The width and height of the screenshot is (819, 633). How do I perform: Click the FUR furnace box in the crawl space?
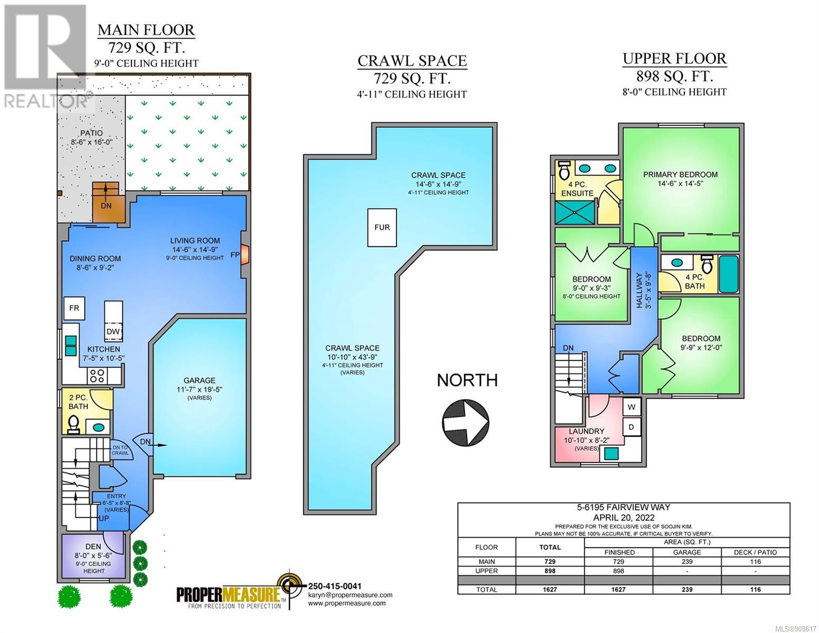point(382,227)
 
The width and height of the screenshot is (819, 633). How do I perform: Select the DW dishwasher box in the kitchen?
point(113,332)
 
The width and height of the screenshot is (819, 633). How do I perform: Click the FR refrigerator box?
point(74,308)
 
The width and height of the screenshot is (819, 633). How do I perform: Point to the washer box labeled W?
point(631,407)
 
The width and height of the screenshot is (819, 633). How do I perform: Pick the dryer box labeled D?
point(631,427)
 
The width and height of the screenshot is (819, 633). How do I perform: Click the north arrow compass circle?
point(465,422)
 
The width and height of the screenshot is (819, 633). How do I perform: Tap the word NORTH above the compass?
point(467,380)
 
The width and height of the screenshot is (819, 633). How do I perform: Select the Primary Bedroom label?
point(680,175)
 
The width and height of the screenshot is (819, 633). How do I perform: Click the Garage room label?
point(199,380)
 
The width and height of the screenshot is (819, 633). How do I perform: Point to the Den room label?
point(93,546)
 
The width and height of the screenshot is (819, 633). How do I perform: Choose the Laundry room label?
point(586,431)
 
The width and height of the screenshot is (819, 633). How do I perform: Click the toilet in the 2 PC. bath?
point(73,424)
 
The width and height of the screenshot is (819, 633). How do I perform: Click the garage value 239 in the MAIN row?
point(687,561)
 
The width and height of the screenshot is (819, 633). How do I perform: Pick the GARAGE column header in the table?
point(687,552)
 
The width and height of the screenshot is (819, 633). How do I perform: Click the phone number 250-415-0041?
point(335,586)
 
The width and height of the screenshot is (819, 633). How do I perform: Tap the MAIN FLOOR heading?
point(146,30)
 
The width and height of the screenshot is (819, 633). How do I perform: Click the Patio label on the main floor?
point(91,133)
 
